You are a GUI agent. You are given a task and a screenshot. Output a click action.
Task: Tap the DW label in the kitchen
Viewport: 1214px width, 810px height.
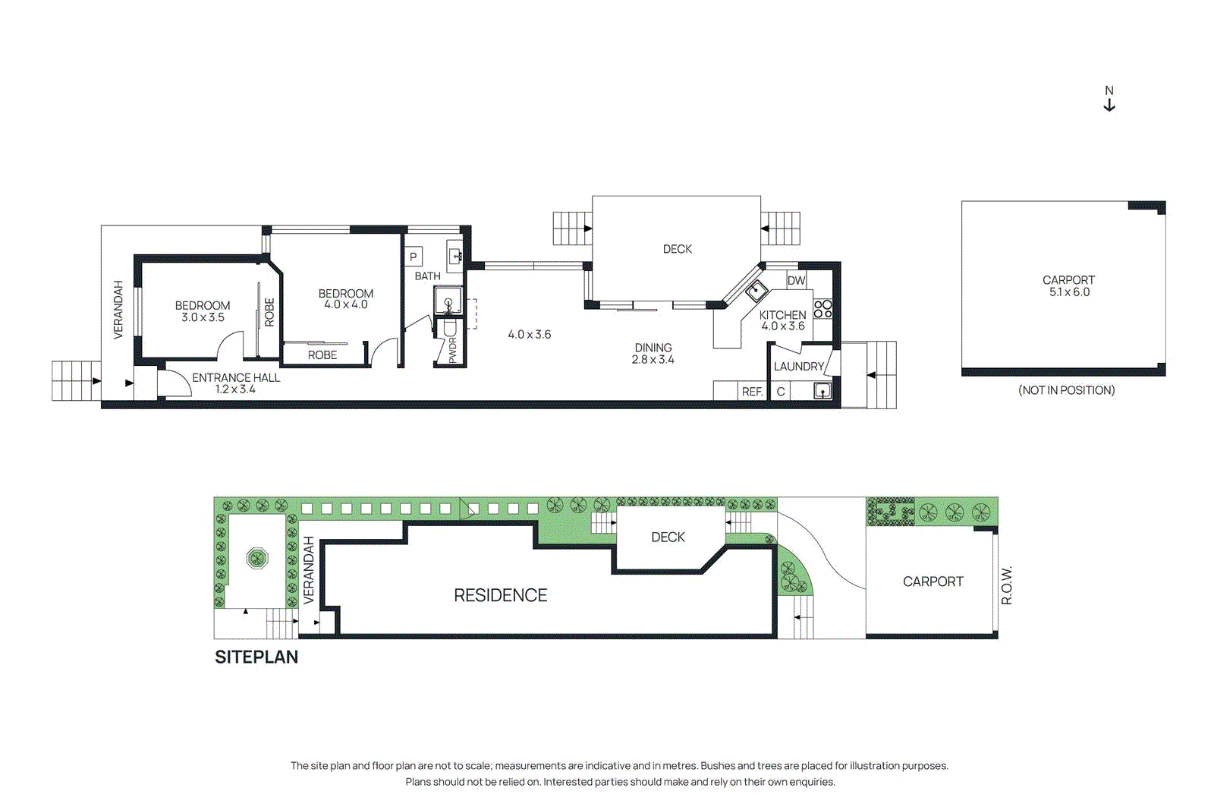[x=796, y=280]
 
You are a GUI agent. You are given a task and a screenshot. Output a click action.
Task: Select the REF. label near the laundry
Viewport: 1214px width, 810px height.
[x=752, y=392]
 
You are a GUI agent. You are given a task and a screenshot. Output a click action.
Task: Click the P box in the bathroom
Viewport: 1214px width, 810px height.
[x=414, y=257]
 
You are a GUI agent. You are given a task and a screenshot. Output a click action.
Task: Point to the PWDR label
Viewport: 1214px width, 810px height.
[x=453, y=350]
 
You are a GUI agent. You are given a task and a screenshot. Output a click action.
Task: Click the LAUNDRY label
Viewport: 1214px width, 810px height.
[x=798, y=367]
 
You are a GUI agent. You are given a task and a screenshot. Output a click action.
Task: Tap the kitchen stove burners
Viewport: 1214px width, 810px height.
[x=822, y=309]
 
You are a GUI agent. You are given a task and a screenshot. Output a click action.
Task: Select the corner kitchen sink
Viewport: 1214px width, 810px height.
[x=756, y=292]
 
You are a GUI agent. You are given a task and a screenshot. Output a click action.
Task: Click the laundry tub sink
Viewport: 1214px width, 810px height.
[x=822, y=391]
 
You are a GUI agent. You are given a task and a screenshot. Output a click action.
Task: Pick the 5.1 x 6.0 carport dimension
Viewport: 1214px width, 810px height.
[x=1069, y=292]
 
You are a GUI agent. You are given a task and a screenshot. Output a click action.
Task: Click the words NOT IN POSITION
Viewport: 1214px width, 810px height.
[x=1066, y=390]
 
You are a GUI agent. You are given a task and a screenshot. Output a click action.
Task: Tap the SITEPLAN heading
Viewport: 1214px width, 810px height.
[x=256, y=657]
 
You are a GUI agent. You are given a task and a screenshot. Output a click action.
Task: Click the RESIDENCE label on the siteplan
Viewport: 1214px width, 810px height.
[x=500, y=595]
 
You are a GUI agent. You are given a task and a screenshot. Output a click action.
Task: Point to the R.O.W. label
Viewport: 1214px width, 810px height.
[x=1006, y=585]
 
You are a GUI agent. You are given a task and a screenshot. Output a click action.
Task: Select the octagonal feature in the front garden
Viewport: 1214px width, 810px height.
[x=257, y=558]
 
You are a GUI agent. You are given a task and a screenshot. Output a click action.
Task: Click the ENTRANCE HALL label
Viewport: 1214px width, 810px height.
[x=236, y=377]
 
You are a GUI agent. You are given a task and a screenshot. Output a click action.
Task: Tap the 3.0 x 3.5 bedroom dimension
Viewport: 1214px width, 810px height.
[x=203, y=317]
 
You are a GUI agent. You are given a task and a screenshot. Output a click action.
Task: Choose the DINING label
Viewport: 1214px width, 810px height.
[x=653, y=348]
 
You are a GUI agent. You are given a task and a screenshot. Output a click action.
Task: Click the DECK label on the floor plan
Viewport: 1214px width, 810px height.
[x=677, y=249]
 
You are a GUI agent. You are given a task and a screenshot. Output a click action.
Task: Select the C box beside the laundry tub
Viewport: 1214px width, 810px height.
[x=781, y=392]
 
